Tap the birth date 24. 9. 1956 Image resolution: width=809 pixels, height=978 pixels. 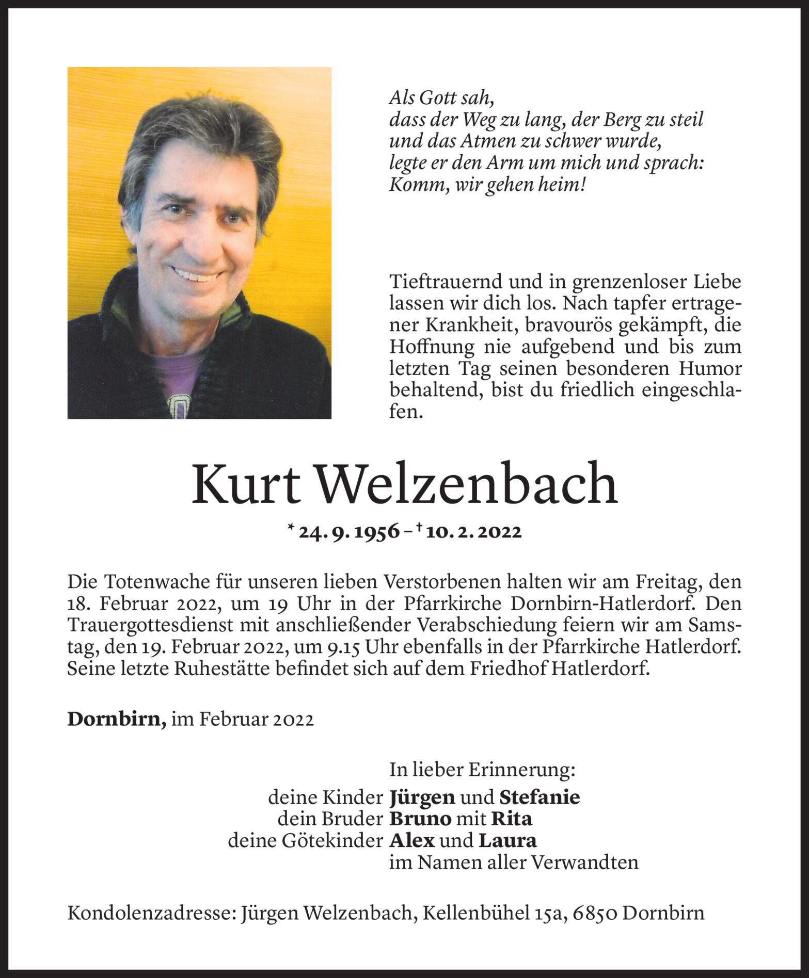pyautogui.click(x=350, y=532)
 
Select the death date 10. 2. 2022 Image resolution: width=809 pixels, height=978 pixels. pyautogui.click(x=474, y=532)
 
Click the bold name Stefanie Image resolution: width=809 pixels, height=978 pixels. pyautogui.click(x=540, y=797)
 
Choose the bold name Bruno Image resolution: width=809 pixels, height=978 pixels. pyautogui.click(x=421, y=819)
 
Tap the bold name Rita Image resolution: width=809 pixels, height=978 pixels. pyautogui.click(x=511, y=819)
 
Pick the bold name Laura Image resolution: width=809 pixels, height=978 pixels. pyautogui.click(x=508, y=841)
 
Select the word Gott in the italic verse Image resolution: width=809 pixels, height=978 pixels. pyautogui.click(x=438, y=98)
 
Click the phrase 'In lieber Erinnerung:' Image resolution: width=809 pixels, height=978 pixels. pyautogui.click(x=482, y=770)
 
